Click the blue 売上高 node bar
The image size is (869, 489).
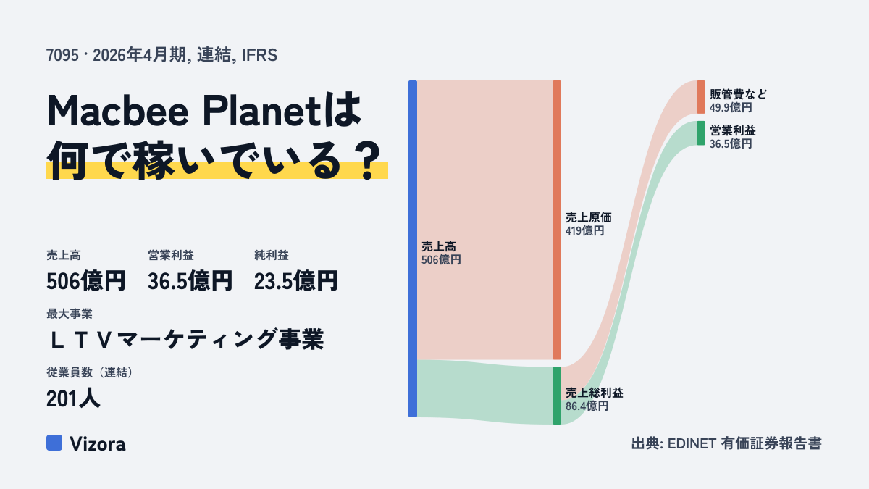[413, 248]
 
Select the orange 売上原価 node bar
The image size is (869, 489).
[557, 220]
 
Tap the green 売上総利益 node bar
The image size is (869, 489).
[557, 396]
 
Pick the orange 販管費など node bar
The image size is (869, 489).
[701, 97]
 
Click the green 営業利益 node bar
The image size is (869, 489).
[701, 133]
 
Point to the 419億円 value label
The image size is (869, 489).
[584, 231]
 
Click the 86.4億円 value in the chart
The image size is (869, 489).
[587, 406]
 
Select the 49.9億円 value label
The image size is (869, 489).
[731, 107]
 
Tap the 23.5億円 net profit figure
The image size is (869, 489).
[295, 281]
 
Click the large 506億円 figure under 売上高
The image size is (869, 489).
[85, 281]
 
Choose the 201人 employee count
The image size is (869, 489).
[73, 398]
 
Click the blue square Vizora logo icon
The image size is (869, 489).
[54, 443]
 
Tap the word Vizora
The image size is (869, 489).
[97, 443]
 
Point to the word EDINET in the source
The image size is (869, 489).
[692, 443]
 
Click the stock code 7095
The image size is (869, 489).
[62, 55]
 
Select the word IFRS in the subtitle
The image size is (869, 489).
[259, 55]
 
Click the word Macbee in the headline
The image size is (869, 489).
[118, 111]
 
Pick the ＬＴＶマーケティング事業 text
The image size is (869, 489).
[185, 339]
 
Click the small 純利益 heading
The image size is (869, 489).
[272, 255]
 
